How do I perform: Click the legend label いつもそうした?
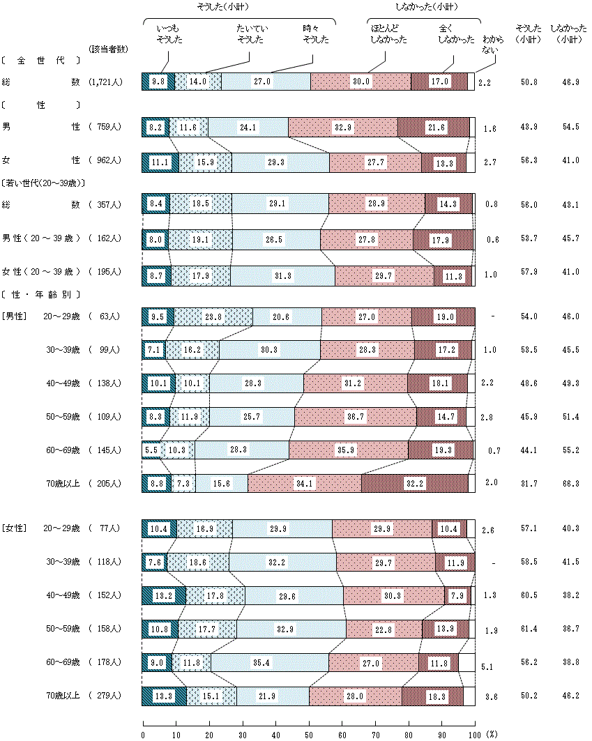(x=168, y=34)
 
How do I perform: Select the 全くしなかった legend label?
(x=457, y=34)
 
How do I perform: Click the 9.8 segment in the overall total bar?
(x=158, y=82)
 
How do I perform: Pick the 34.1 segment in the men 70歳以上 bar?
(x=304, y=483)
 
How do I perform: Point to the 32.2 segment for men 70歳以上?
(x=414, y=483)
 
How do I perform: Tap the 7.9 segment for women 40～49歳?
(x=457, y=595)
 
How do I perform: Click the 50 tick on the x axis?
(x=309, y=734)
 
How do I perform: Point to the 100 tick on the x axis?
(x=475, y=734)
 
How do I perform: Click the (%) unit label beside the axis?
(x=492, y=734)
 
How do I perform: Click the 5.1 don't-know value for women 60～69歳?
(x=487, y=667)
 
